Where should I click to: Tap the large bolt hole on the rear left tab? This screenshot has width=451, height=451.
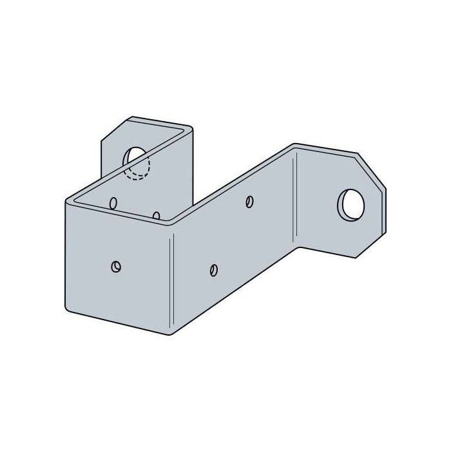click(135, 157)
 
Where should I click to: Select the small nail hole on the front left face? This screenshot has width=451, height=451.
click(116, 266)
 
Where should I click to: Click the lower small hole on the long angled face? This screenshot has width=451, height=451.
click(214, 269)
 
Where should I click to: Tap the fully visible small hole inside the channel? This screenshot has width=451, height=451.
click(113, 204)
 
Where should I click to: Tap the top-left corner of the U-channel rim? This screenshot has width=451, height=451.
click(68, 200)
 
